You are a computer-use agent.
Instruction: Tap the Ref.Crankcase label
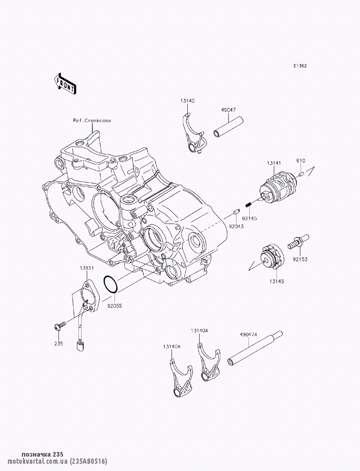click(x=92, y=121)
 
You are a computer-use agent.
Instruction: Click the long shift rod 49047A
click(x=254, y=349)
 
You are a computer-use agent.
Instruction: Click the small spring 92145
click(x=248, y=205)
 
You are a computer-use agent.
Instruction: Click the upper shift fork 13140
click(x=193, y=136)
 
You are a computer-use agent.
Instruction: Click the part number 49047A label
click(x=248, y=334)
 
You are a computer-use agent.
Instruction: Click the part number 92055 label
click(x=114, y=307)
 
